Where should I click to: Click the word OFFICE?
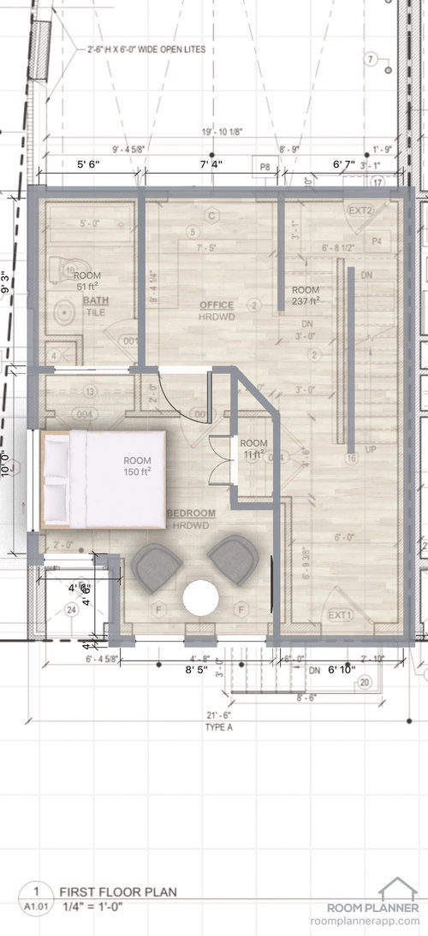click(217, 305)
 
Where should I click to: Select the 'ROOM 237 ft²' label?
click(305, 295)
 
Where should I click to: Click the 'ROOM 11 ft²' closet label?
click(253, 448)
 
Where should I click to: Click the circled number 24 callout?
click(70, 609)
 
